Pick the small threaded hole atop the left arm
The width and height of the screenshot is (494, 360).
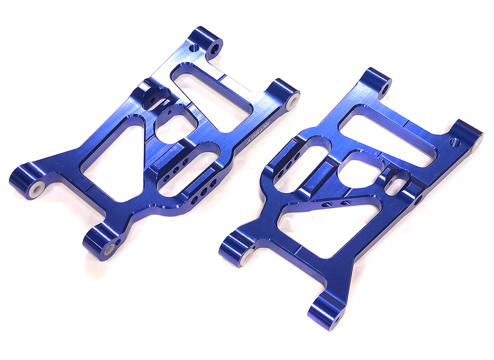point(194,47)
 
